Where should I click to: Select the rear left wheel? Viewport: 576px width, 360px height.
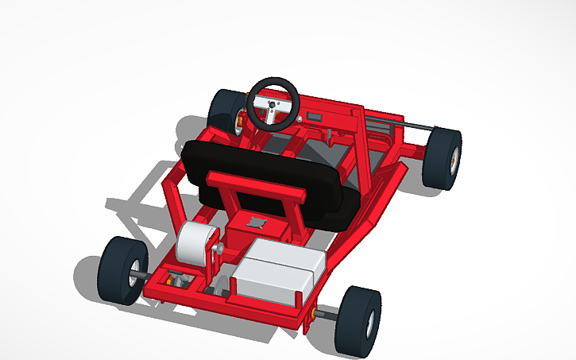pos(123,269)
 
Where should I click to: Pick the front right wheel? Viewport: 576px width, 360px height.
pos(441,158)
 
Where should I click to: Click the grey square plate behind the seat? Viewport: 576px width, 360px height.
pos(256,223)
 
